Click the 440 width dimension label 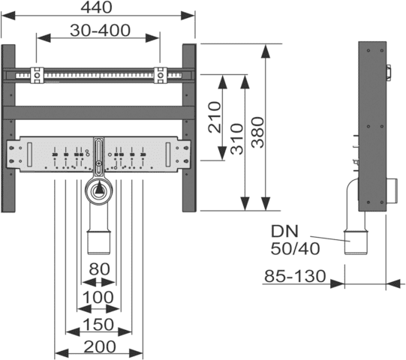(96, 7)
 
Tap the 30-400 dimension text (100, 30)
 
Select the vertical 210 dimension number (215, 117)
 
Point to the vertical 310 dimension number (237, 139)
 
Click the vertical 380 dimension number (258, 133)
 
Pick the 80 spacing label (99, 269)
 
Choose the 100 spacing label (98, 297)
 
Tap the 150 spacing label (98, 324)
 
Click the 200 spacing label (100, 346)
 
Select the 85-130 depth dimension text (295, 276)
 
